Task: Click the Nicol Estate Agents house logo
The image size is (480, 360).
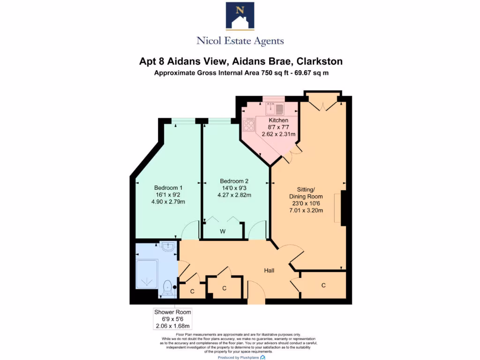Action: (240, 16)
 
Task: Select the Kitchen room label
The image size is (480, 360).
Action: (278, 120)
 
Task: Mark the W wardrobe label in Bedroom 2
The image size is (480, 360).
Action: (223, 232)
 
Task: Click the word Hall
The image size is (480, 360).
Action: (269, 270)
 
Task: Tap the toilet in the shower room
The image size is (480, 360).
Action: (167, 287)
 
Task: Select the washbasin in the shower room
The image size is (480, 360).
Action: (167, 246)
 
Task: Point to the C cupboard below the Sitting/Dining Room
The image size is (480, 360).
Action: (323, 285)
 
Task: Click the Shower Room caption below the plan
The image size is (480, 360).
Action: (172, 312)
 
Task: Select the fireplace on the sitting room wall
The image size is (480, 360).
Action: (343, 207)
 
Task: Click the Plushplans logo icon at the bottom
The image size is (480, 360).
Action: (262, 357)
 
